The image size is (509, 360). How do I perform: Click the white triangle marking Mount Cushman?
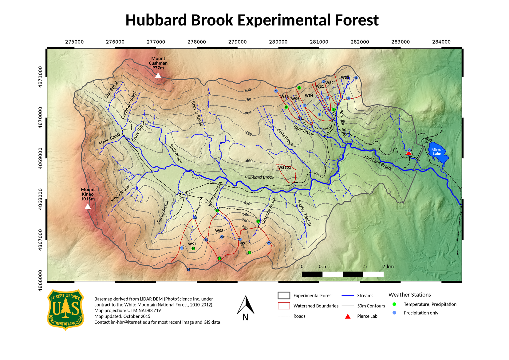[158, 76]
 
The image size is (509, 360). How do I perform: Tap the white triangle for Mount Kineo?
[88, 207]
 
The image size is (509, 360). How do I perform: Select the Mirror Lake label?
[437, 152]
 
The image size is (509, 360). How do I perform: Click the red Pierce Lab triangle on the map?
[408, 153]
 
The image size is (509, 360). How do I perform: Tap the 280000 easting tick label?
[278, 42]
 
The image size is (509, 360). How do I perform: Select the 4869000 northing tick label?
[40, 158]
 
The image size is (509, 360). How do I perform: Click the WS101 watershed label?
[285, 168]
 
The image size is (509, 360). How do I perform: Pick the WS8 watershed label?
[219, 231]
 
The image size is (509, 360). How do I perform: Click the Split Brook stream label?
[176, 153]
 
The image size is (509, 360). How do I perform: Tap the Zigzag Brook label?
[163, 212]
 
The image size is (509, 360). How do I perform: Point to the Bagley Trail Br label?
[304, 213]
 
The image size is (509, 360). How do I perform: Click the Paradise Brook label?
[343, 124]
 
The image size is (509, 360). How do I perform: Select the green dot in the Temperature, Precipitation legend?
[394, 304]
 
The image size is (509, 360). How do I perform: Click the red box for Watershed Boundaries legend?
[284, 306]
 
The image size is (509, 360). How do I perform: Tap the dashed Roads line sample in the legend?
[284, 316]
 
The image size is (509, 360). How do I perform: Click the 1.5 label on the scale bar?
[363, 267]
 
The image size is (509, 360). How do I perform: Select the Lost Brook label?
[111, 89]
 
